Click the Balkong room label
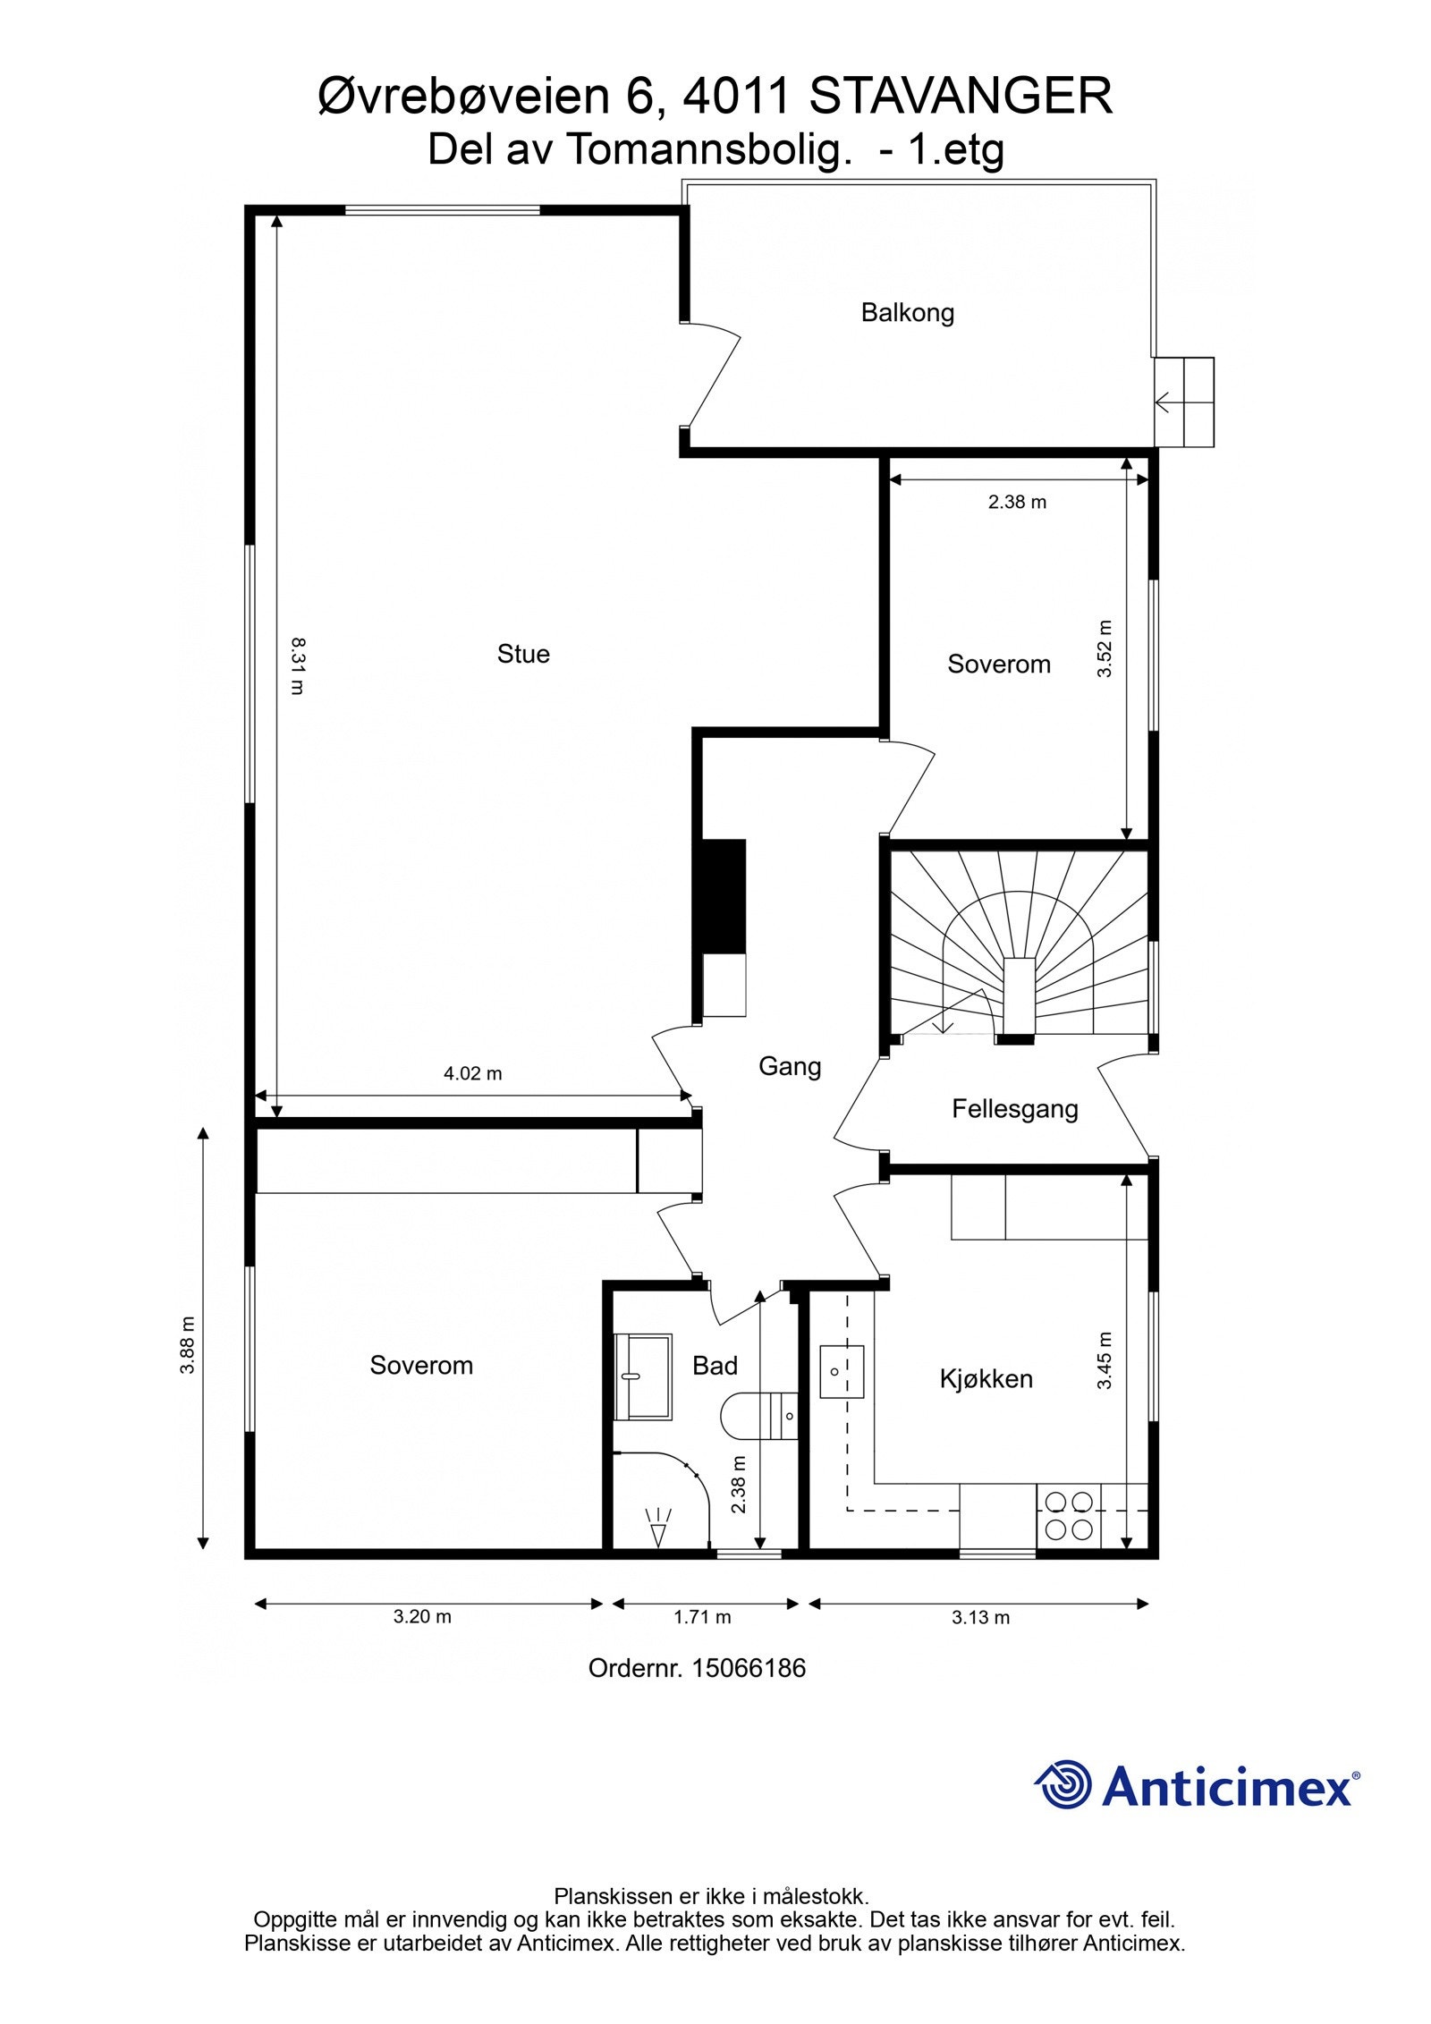pyautogui.click(x=907, y=313)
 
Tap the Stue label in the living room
pyautogui.click(x=523, y=654)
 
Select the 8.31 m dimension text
pyautogui.click(x=297, y=665)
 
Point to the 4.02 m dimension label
pyautogui.click(x=472, y=1073)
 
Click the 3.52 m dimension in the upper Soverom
pyautogui.click(x=1105, y=648)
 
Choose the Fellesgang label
pyautogui.click(x=1014, y=1109)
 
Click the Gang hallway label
pyautogui.click(x=789, y=1066)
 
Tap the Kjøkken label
pyautogui.click(x=986, y=1378)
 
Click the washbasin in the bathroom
pyautogui.click(x=642, y=1376)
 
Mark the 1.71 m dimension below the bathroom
pyautogui.click(x=702, y=1617)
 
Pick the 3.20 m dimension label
pyautogui.click(x=422, y=1616)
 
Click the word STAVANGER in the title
pyautogui.click(x=961, y=97)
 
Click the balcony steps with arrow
pyautogui.click(x=1183, y=402)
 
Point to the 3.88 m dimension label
pyautogui.click(x=187, y=1346)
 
